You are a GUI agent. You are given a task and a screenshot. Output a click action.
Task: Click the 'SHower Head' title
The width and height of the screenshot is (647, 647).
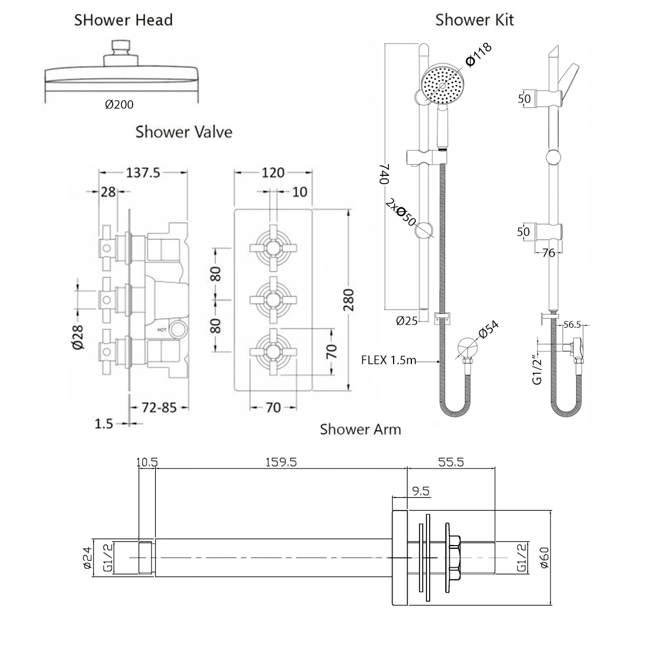[x=123, y=20]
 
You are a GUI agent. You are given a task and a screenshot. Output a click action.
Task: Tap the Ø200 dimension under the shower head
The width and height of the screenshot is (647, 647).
[x=119, y=105]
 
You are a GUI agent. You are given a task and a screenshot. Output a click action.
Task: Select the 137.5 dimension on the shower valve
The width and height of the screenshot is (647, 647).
[x=142, y=173]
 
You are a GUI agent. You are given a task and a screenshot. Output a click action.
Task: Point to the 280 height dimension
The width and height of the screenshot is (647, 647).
[x=349, y=298]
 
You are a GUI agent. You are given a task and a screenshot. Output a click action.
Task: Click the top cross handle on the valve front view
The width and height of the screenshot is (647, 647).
[x=273, y=248]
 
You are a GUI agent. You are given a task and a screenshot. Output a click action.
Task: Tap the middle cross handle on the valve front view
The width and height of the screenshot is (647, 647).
[x=273, y=298]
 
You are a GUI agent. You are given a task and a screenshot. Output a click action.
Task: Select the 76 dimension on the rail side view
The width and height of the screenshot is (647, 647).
[x=548, y=253]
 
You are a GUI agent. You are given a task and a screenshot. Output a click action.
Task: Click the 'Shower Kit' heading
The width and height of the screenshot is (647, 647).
[x=474, y=20]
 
